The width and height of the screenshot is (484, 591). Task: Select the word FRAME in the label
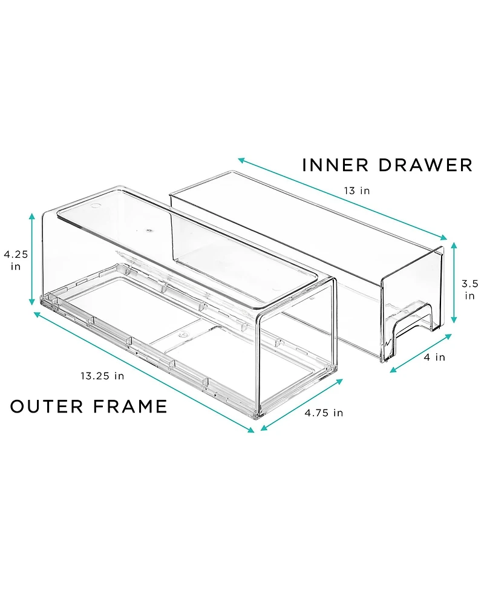tap(129, 407)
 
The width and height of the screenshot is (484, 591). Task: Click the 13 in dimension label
tap(356, 191)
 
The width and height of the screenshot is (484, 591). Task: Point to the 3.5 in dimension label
tap(469, 289)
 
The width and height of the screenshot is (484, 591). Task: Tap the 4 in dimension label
tap(434, 358)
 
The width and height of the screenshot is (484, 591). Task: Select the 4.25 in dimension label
tap(15, 260)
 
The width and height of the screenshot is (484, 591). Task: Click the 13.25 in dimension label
tap(102, 376)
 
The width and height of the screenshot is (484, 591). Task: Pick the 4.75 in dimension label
tap(324, 413)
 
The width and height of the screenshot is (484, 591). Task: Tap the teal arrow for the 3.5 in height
tap(454, 282)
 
